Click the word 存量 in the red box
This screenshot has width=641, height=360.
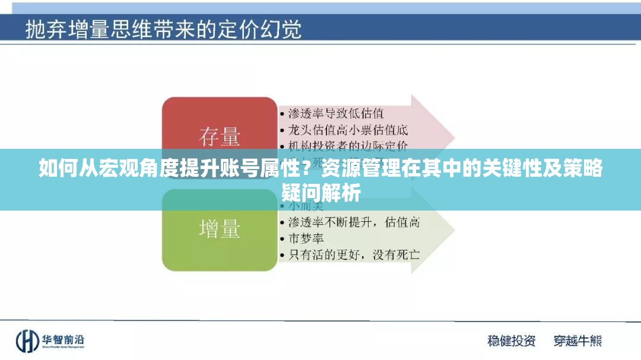pyautogui.click(x=219, y=137)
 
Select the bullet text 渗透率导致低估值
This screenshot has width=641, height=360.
pyautogui.click(x=335, y=113)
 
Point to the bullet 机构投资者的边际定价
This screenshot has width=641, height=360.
pyautogui.click(x=347, y=144)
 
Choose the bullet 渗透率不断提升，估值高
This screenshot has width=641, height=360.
pyautogui.click(x=353, y=222)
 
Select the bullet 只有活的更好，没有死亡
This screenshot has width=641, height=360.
pyautogui.click(x=353, y=254)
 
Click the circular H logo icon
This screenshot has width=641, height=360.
pyautogui.click(x=27, y=340)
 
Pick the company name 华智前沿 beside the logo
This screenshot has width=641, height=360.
pyautogui.click(x=62, y=339)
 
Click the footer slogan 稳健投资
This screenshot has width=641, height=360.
pyautogui.click(x=511, y=340)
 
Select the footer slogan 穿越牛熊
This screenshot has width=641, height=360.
pyautogui.click(x=577, y=340)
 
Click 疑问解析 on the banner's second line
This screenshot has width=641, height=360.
pyautogui.click(x=320, y=193)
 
